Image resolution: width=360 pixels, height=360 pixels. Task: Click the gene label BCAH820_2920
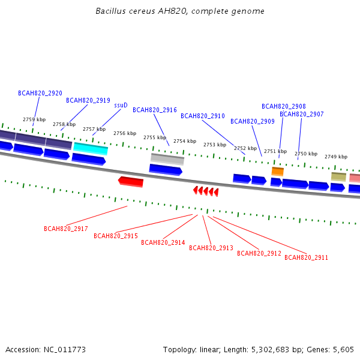[40, 93]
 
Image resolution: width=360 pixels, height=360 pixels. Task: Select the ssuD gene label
[121, 105]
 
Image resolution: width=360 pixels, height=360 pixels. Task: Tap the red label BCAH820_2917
[65, 229]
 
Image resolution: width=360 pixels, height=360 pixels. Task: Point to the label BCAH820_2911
[306, 257]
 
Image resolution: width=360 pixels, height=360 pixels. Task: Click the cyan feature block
[91, 149]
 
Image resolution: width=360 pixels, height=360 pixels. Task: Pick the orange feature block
[278, 172]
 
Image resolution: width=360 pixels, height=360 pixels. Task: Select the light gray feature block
[167, 159]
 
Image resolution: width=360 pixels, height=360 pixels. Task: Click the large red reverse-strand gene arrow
[131, 182]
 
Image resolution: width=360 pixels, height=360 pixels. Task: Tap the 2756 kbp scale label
[125, 133]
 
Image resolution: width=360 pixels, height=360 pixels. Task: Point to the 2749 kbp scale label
[336, 157]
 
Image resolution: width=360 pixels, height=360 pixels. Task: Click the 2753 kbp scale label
[215, 145]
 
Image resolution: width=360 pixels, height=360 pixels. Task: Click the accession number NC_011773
[65, 350]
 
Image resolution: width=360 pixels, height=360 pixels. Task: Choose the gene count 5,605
[343, 350]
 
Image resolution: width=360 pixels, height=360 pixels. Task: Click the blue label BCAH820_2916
[155, 110]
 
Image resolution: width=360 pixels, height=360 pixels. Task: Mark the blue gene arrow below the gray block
[166, 170]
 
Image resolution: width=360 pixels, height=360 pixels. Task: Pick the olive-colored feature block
[338, 177]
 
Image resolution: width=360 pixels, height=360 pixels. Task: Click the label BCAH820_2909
[253, 121]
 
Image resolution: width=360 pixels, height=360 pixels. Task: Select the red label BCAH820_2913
[211, 248]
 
